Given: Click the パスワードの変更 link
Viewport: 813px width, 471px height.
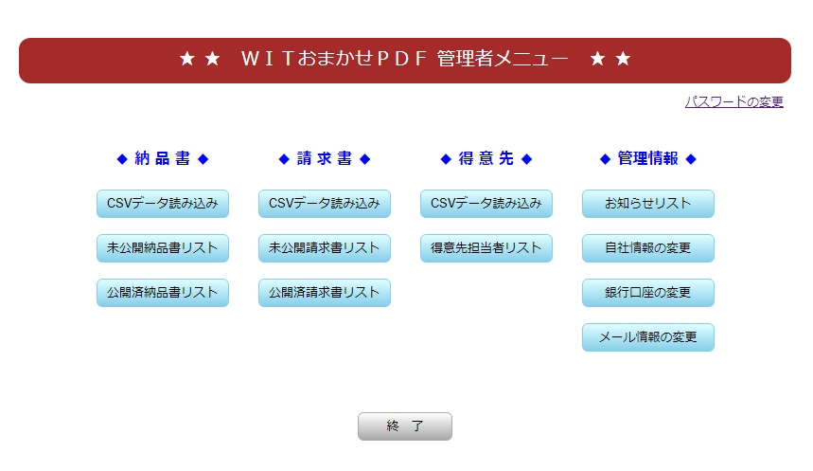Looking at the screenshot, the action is [x=734, y=101].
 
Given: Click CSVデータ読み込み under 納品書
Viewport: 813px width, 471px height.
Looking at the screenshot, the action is [x=162, y=204].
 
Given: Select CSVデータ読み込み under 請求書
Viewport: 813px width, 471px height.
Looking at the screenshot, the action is [x=324, y=204].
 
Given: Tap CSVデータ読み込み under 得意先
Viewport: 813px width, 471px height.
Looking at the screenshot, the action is [x=486, y=204].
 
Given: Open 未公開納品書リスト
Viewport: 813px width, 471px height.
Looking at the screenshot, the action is [x=162, y=248].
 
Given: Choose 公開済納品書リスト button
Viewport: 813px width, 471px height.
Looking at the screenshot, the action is [x=162, y=293].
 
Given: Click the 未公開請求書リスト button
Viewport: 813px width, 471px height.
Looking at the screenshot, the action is [x=324, y=248].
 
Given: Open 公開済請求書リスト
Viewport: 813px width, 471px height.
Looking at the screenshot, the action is [x=324, y=293].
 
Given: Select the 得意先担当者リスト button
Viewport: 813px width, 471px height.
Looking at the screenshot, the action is [x=486, y=248].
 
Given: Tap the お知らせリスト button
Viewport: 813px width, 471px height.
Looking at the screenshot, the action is [x=647, y=204].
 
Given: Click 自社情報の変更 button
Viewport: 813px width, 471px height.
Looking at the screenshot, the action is [x=647, y=248].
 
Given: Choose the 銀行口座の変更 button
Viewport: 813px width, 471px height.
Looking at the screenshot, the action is [x=647, y=293].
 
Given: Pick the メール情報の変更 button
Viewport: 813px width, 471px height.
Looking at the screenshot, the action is [x=647, y=337].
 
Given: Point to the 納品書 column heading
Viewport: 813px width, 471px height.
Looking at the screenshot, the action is [x=162, y=158].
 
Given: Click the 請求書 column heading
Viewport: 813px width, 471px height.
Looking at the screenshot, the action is [x=324, y=158].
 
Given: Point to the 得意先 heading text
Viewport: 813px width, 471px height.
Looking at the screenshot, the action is [x=486, y=158].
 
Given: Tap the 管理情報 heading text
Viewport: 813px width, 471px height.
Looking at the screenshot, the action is [x=647, y=158].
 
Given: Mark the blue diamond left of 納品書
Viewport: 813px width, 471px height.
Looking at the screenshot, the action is [x=122, y=159].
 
